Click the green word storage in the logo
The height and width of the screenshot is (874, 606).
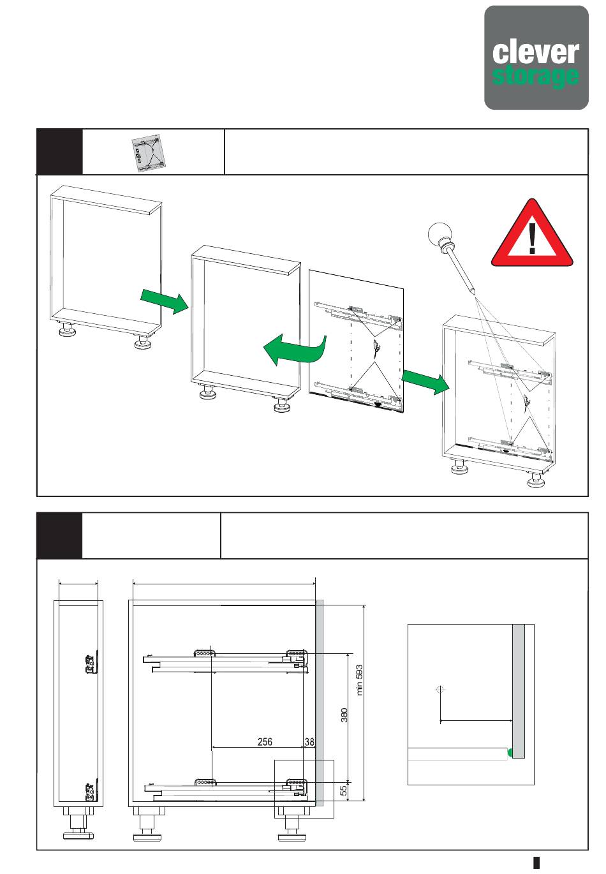[x=535, y=76]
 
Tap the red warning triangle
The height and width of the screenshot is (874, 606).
[x=532, y=233]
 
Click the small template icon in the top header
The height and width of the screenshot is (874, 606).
[x=148, y=152]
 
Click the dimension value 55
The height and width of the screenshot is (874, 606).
[x=343, y=790]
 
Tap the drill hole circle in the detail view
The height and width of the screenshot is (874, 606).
[x=440, y=690]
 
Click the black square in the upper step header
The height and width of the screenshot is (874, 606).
[x=60, y=152]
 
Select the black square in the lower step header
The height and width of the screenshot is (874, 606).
[x=60, y=536]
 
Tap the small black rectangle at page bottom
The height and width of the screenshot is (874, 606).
[x=536, y=863]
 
